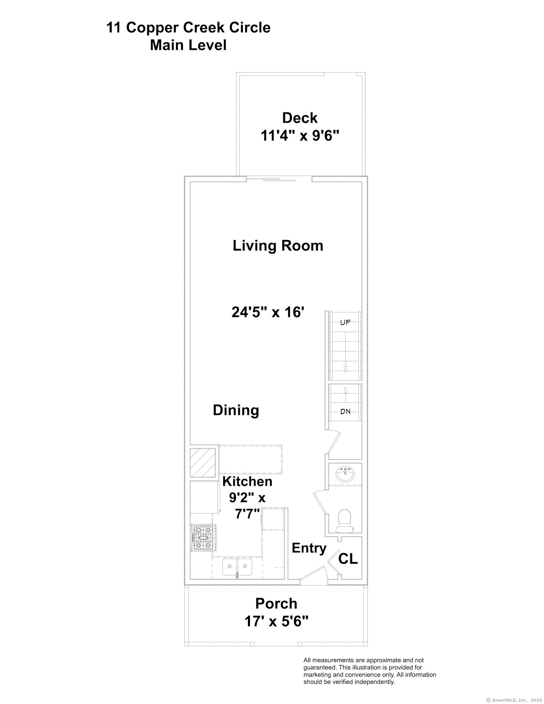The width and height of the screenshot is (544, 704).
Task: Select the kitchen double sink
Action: [x=237, y=567]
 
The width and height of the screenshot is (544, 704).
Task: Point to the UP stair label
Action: [x=345, y=323]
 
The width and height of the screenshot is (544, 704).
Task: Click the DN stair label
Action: [x=345, y=411]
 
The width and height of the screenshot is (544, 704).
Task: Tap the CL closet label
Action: [x=348, y=559]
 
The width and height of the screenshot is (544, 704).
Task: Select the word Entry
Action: [x=309, y=548]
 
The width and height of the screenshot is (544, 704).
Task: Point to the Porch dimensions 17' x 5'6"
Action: [x=276, y=621]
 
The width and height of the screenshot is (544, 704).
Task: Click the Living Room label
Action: [x=278, y=246]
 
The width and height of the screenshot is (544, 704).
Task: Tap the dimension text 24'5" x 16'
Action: [x=268, y=312]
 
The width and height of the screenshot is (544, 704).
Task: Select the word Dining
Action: [x=236, y=410]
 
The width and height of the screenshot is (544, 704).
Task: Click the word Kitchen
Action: [x=247, y=481]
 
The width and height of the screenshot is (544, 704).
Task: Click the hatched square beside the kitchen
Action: [x=203, y=463]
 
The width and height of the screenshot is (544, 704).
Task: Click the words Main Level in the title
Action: [x=188, y=45]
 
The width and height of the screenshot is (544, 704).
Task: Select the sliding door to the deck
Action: [x=279, y=179]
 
